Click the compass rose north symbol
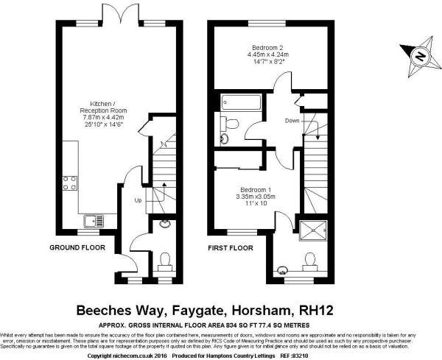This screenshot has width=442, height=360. click(x=418, y=55)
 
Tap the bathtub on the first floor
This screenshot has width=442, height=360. click(x=236, y=103)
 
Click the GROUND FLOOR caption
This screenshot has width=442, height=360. click(x=77, y=248)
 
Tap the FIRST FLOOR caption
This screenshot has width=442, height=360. click(x=230, y=248)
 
